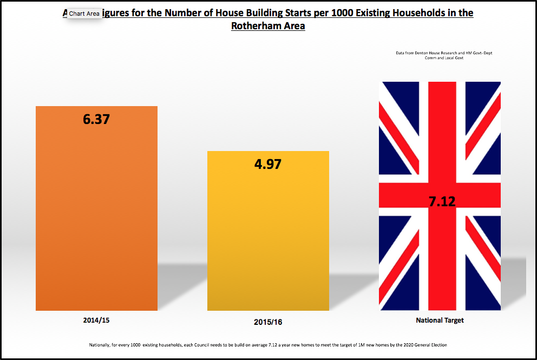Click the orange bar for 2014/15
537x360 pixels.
pyautogui.click(x=96, y=217)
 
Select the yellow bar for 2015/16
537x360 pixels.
pyautogui.click(x=268, y=238)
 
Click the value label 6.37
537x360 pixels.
pyautogui.click(x=96, y=119)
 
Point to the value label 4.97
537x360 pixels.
pyautogui.click(x=268, y=163)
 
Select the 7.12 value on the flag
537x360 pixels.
pyautogui.click(x=442, y=202)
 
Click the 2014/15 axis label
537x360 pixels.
pyautogui.click(x=96, y=320)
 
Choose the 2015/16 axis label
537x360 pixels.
pyautogui.click(x=268, y=322)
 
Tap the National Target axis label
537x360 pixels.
pyautogui.click(x=440, y=320)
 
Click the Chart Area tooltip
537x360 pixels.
pyautogui.click(x=84, y=14)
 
